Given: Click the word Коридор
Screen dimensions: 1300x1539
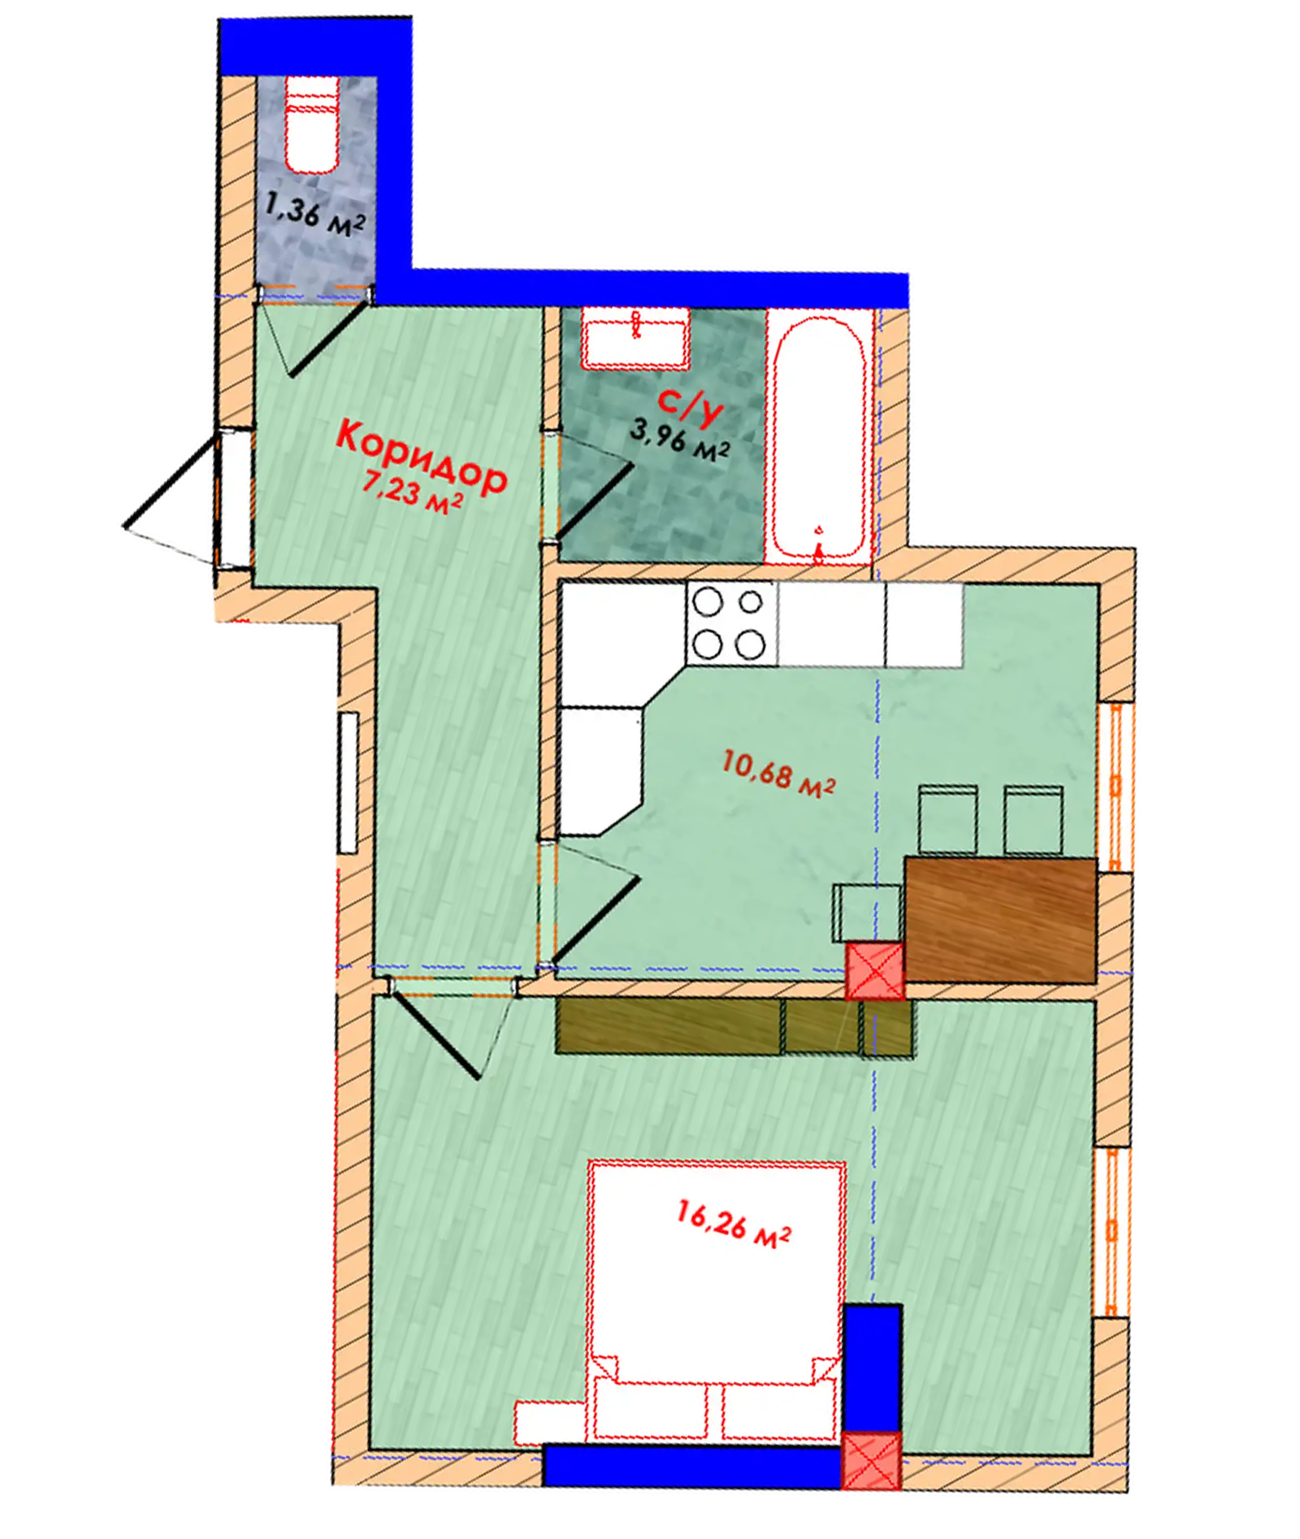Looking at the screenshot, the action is [x=422, y=457].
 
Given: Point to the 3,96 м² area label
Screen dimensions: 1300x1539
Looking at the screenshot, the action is [x=679, y=440].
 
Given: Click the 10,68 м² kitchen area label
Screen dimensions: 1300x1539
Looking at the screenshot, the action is [x=778, y=774].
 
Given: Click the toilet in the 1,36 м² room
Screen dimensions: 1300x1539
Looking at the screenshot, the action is [x=313, y=125].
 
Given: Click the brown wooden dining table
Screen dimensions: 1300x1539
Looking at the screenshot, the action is [x=1001, y=919].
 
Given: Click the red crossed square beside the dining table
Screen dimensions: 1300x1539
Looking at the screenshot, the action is [x=875, y=970].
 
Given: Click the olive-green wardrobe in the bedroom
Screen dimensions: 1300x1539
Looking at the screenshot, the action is [x=734, y=1027].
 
